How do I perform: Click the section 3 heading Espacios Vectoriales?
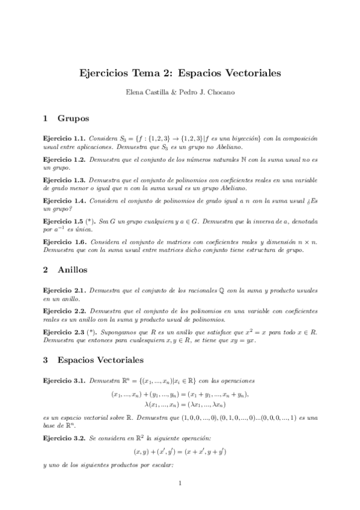tap(100, 361)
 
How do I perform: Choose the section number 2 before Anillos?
tap(46, 270)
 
